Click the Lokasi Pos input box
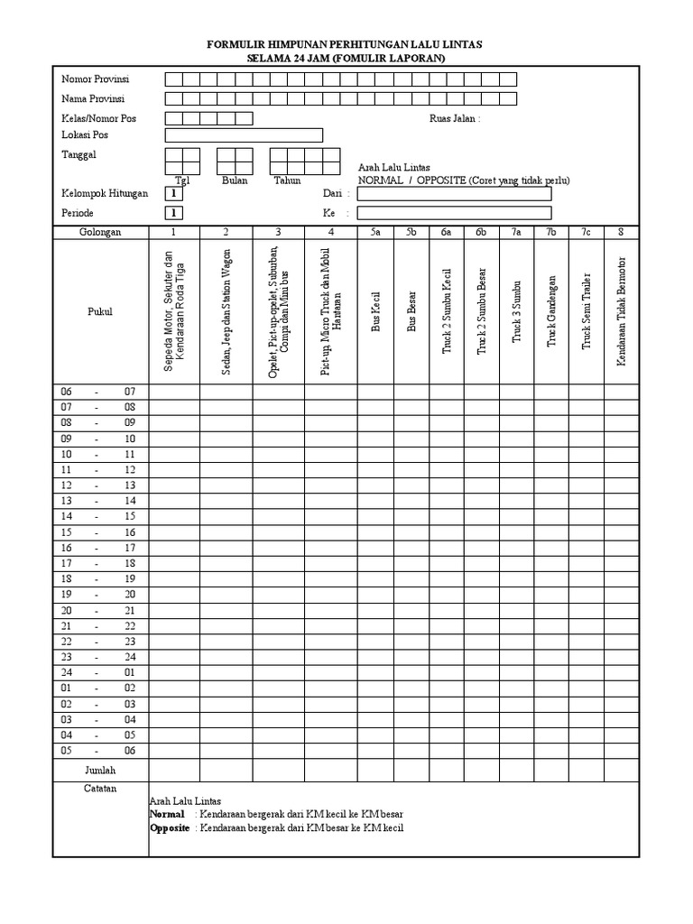pyautogui.click(x=244, y=135)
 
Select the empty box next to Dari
pyautogui.click(x=454, y=193)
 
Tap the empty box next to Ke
pyautogui.click(x=454, y=213)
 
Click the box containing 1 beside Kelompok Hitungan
pyautogui.click(x=173, y=193)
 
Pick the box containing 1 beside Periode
pyautogui.click(x=173, y=213)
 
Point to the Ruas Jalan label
pyautogui.click(x=455, y=118)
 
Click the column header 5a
pyautogui.click(x=376, y=232)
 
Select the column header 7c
pyautogui.click(x=586, y=232)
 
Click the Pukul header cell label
pyautogui.click(x=99, y=311)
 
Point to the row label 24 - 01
pyautogui.click(x=97, y=672)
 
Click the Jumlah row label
pyautogui.click(x=100, y=771)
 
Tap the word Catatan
pyautogui.click(x=100, y=788)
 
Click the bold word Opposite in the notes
pyautogui.click(x=170, y=827)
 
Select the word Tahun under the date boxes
pyautogui.click(x=287, y=180)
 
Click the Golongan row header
pyautogui.click(x=99, y=232)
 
